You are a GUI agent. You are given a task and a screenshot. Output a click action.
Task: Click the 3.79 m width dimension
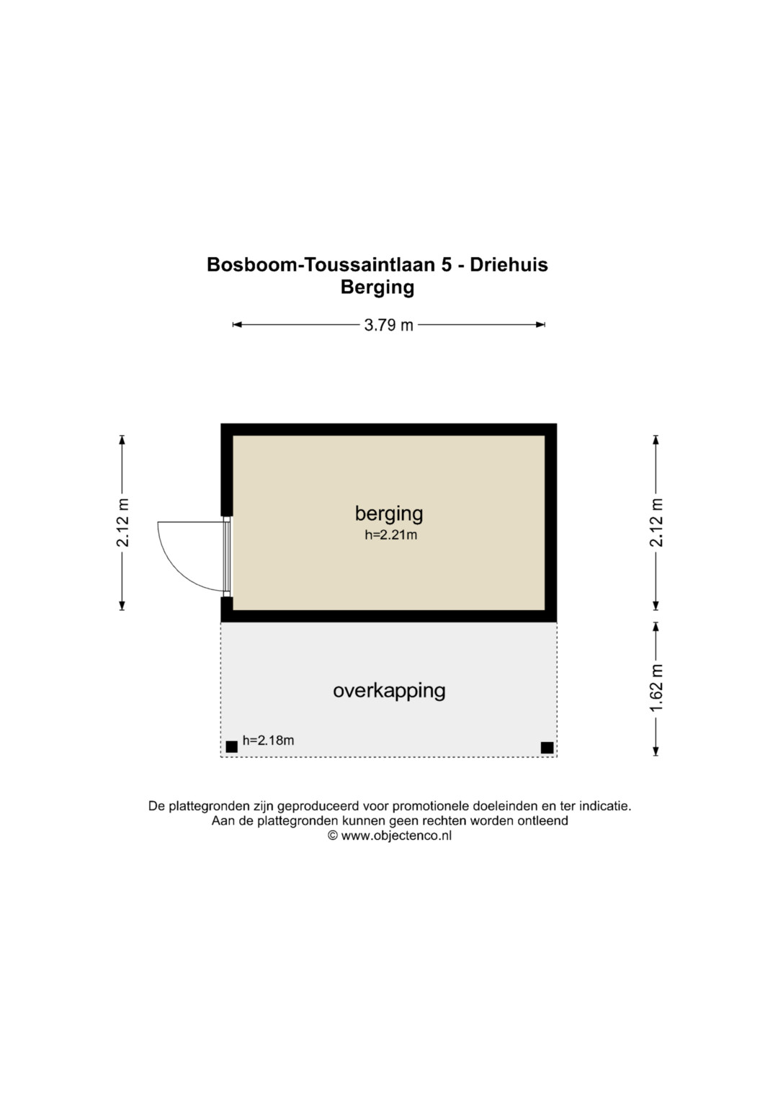[x=388, y=325]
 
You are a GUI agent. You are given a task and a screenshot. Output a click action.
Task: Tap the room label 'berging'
[x=389, y=514]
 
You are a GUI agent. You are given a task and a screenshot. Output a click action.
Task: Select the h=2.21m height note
[x=390, y=535]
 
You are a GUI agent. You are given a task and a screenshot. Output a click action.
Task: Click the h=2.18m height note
[x=268, y=741]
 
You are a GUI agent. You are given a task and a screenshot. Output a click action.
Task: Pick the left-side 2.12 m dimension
[x=122, y=522]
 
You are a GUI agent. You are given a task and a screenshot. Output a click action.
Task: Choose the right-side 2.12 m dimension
[x=656, y=522]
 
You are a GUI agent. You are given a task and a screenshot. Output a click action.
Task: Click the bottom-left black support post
[x=232, y=747]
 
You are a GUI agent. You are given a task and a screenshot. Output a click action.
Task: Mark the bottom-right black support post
[x=547, y=748]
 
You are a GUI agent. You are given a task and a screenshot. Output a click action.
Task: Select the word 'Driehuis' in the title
[x=509, y=264]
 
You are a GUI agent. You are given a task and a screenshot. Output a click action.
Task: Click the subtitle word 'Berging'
[x=377, y=287]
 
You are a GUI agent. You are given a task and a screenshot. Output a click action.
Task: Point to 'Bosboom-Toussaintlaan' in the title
[x=321, y=264]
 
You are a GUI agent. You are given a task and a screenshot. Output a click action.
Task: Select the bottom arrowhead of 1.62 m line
[x=656, y=751]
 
